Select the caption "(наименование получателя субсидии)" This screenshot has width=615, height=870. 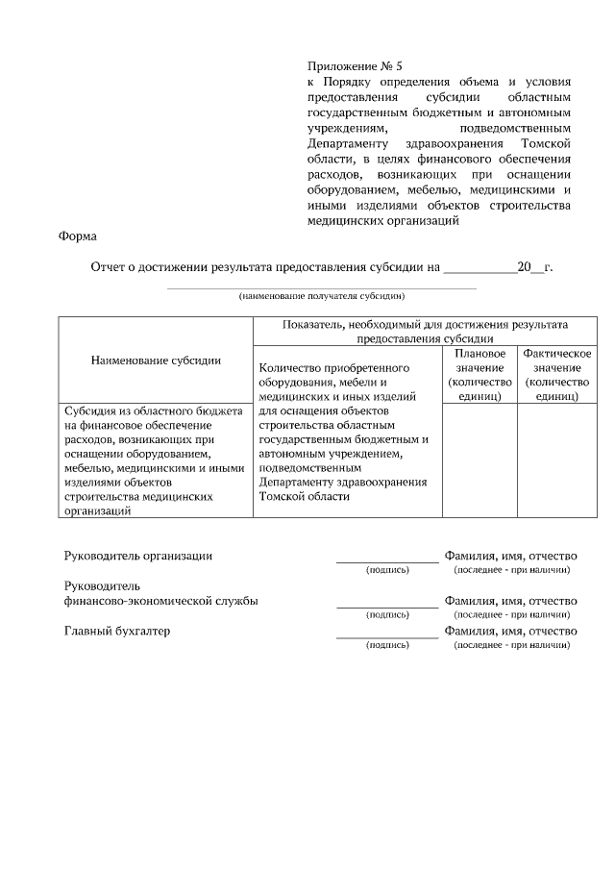click(x=322, y=296)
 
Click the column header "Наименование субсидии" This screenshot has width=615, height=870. click(x=156, y=360)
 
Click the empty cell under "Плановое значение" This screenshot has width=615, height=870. click(x=480, y=460)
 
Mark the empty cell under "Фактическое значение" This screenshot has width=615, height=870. click(x=555, y=460)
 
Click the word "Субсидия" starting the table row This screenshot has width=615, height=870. click(x=90, y=410)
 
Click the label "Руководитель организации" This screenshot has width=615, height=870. click(x=138, y=556)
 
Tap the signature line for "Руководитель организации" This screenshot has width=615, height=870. click(x=387, y=560)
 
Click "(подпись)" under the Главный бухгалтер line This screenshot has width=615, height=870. click(x=387, y=645)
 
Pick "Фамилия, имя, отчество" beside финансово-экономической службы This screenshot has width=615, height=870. click(x=510, y=601)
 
